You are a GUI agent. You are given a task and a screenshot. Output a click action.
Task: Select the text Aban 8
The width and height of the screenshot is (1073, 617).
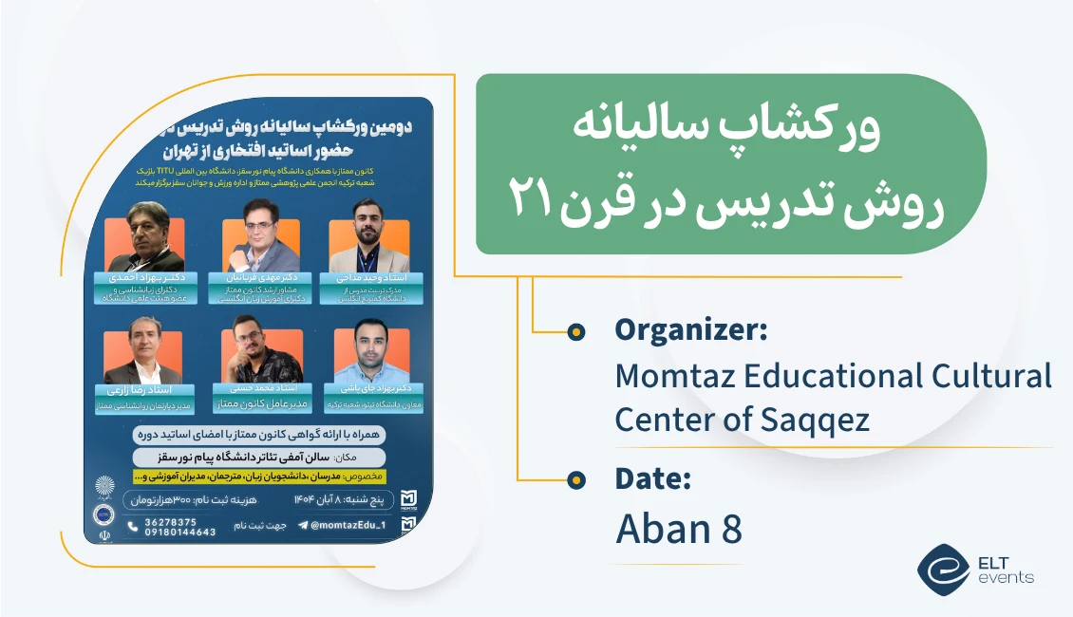click(x=678, y=529)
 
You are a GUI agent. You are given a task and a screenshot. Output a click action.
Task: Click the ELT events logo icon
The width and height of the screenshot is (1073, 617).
click(x=942, y=567)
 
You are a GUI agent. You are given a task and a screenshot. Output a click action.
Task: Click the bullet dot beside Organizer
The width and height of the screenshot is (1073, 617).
click(x=575, y=331)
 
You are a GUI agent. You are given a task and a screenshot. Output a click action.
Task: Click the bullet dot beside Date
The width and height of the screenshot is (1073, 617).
click(x=575, y=481)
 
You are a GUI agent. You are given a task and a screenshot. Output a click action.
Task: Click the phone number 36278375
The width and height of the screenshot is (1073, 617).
click(x=171, y=521)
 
